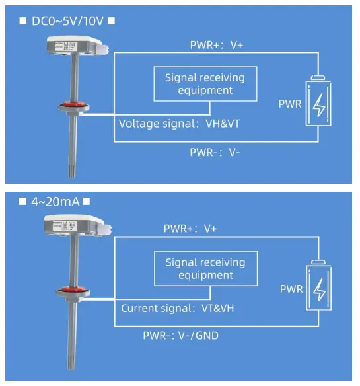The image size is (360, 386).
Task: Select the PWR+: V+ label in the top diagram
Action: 218,45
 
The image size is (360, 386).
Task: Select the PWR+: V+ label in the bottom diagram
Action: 190,229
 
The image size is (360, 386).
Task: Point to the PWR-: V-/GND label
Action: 180,335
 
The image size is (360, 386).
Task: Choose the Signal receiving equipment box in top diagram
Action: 204,83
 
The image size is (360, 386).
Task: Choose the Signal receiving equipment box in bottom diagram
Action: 205,268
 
